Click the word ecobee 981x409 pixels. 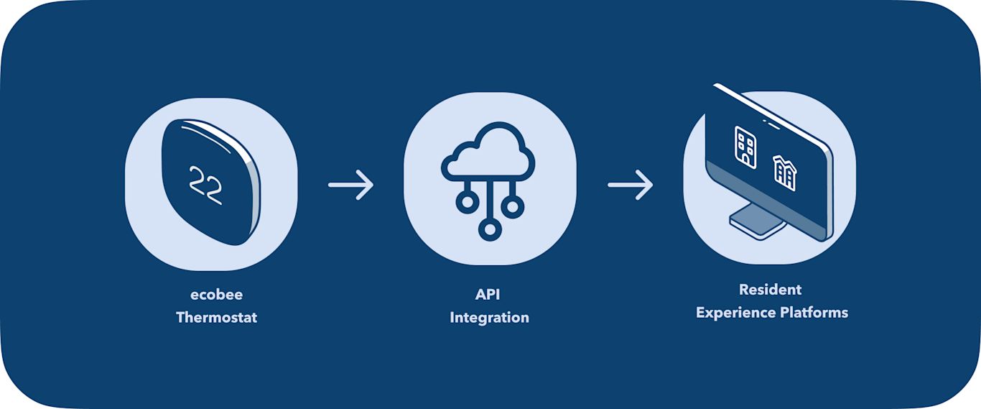pos(216,295)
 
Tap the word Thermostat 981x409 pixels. pos(216,317)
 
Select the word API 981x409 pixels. pos(489,295)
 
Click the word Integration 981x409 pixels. pos(489,317)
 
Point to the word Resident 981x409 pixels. pos(770,290)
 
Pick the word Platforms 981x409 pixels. pos(815,313)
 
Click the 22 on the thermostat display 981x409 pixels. pos(205,181)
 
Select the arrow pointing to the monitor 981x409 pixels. pos(630,185)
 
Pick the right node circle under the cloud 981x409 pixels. pos(512,207)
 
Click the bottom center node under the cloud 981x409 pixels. pos(490,229)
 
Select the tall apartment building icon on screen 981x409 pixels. pos(745,147)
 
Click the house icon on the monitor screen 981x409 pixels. pos(784,173)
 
